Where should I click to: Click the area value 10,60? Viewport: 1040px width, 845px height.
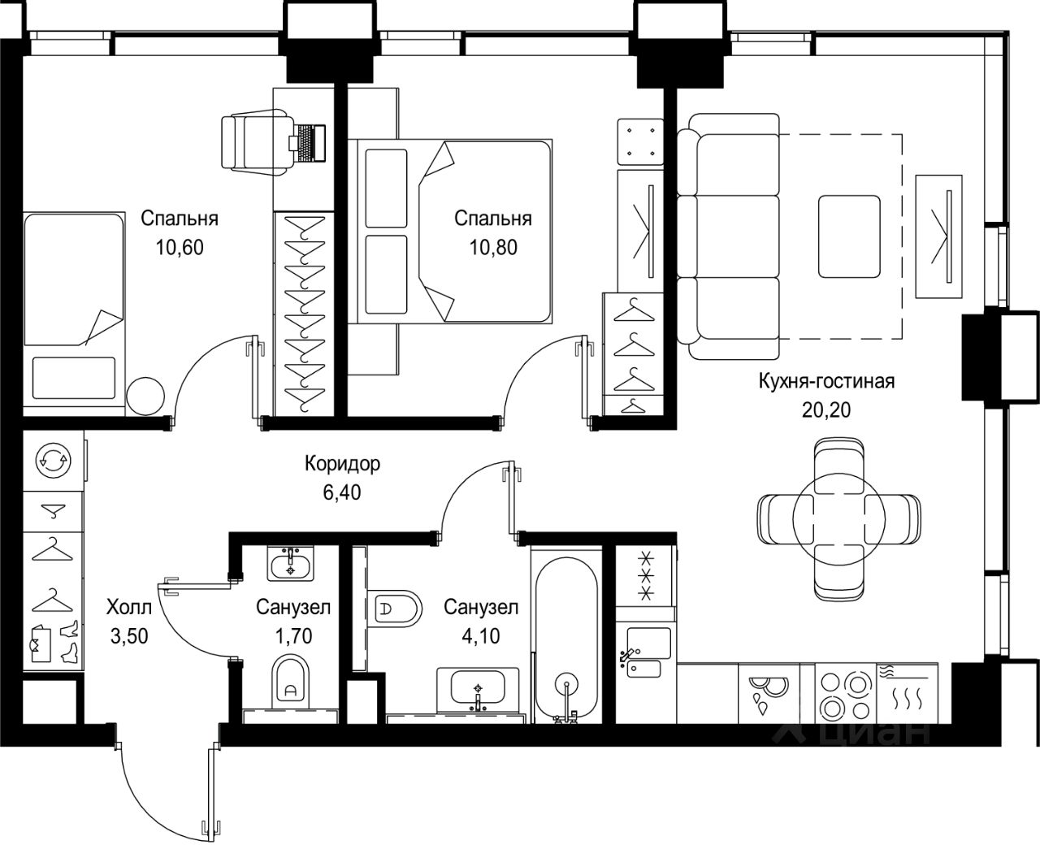click(180, 248)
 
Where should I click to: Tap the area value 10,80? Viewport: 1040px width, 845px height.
click(493, 248)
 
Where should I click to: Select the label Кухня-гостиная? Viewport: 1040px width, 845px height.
click(826, 381)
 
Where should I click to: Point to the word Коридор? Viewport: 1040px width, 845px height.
click(342, 463)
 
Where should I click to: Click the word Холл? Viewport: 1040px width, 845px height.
click(129, 608)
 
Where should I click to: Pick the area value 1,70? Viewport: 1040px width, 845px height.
click(293, 636)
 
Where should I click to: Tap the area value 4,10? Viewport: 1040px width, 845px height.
click(481, 636)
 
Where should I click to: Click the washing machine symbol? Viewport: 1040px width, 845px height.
click(54, 461)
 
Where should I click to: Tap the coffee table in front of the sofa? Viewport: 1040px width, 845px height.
click(849, 236)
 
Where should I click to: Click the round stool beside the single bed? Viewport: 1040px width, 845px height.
click(145, 396)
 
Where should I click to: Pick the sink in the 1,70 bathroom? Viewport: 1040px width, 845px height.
click(291, 564)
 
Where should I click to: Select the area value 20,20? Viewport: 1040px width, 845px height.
click(826, 410)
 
